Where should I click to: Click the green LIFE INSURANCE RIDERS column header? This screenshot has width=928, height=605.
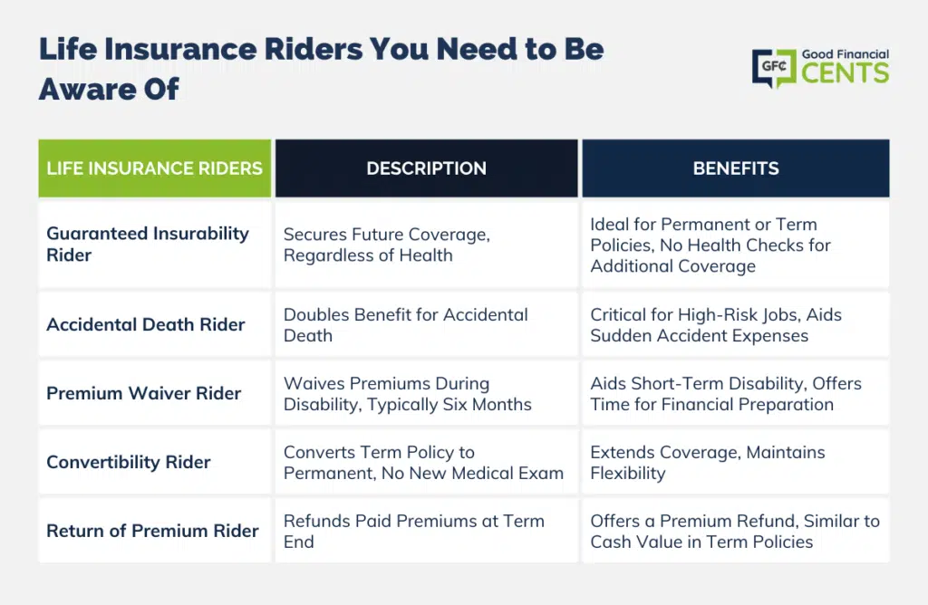pyautogui.click(x=154, y=168)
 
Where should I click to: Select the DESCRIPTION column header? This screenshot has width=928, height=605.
pyautogui.click(x=426, y=168)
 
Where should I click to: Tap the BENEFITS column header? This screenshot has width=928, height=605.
pyautogui.click(x=736, y=168)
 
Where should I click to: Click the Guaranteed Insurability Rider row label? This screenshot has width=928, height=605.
pyautogui.click(x=148, y=245)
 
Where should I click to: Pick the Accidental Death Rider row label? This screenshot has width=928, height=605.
pyautogui.click(x=146, y=324)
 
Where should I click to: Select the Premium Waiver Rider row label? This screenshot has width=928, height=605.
pyautogui.click(x=144, y=393)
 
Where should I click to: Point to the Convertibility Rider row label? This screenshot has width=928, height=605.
pyautogui.click(x=129, y=462)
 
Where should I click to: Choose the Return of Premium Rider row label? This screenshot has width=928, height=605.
pyautogui.click(x=152, y=531)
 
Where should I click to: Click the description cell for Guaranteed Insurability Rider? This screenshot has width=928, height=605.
pyautogui.click(x=426, y=245)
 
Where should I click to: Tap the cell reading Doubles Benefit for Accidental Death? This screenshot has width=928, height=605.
pyautogui.click(x=426, y=324)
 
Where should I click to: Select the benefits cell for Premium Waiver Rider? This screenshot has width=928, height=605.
pyautogui.click(x=736, y=393)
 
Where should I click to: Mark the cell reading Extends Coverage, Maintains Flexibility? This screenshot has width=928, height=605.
pyautogui.click(x=736, y=462)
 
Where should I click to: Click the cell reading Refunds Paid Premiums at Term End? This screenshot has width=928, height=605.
pyautogui.click(x=426, y=531)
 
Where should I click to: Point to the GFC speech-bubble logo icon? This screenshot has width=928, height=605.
pyautogui.click(x=774, y=68)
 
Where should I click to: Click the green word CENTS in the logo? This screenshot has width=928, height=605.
pyautogui.click(x=846, y=73)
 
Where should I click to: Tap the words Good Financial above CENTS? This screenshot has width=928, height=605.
pyautogui.click(x=846, y=54)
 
